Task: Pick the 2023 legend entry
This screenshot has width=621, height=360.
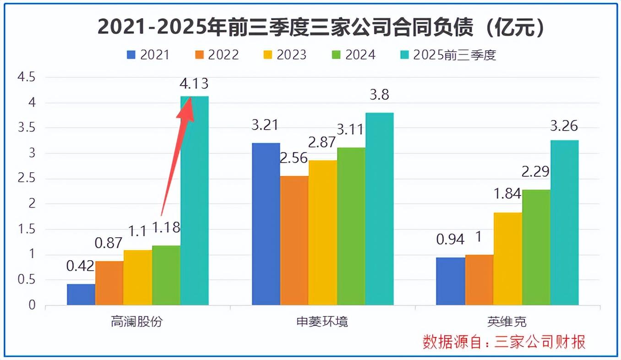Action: coord(284,55)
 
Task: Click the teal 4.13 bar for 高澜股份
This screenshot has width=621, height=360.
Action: coord(195,202)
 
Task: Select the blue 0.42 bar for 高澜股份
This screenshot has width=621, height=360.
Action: coord(81,295)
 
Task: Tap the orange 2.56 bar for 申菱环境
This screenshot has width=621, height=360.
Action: coord(294,240)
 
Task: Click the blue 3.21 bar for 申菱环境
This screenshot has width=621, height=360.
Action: coord(266,224)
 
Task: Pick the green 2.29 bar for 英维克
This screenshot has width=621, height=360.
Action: coord(536,247)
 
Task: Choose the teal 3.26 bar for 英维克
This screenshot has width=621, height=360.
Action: coord(565,223)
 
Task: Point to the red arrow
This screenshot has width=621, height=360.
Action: coord(178,156)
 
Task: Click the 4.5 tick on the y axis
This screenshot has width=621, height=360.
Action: coord(26,77)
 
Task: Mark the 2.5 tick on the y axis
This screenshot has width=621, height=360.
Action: coord(26,179)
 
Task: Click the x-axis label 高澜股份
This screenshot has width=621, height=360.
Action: coord(137,322)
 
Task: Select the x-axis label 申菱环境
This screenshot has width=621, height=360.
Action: coord(322,322)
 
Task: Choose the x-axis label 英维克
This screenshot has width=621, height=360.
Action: coord(507,322)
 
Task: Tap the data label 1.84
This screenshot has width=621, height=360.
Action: coord(507,194)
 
